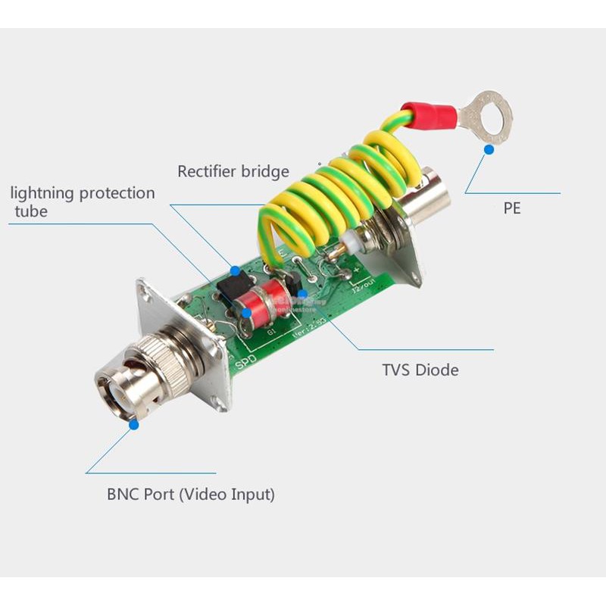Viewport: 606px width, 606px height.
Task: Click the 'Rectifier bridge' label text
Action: tap(233, 171)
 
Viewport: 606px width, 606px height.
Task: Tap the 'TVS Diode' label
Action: tap(420, 370)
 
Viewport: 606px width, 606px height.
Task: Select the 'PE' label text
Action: tap(512, 208)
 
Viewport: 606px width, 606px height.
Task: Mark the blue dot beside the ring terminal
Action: tap(489, 149)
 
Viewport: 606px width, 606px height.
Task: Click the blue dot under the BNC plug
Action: tap(134, 425)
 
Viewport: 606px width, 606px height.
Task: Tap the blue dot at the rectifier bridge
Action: tap(235, 270)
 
